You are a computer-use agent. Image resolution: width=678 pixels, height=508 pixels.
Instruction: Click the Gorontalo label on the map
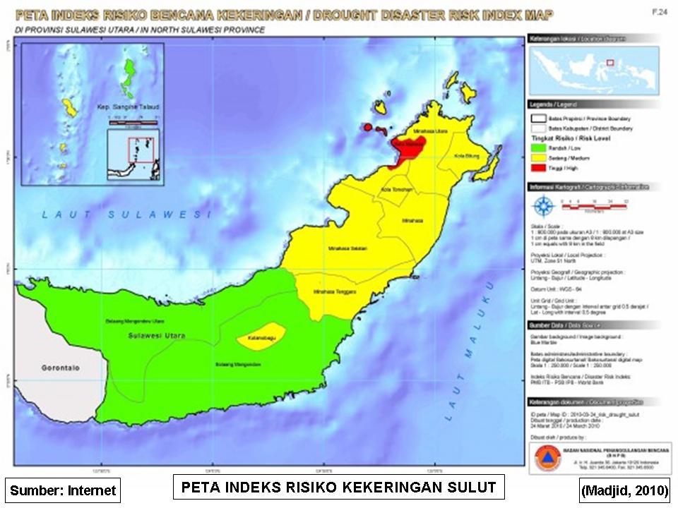tap(59, 369)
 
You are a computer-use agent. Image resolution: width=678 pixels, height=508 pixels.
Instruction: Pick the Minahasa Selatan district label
tap(345, 248)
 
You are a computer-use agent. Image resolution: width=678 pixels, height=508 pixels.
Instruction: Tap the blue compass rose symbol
tap(543, 206)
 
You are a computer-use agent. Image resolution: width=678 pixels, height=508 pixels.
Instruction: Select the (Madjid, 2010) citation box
tap(624, 490)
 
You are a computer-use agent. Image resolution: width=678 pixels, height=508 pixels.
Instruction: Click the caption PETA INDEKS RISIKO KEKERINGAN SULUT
tap(338, 488)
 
